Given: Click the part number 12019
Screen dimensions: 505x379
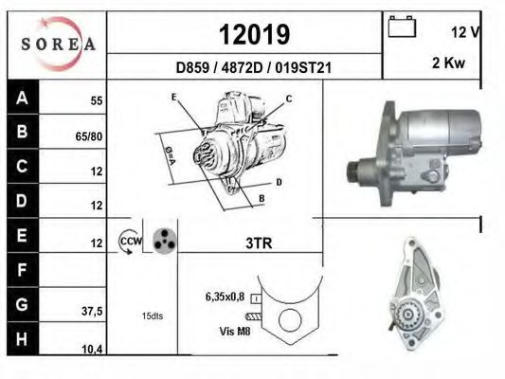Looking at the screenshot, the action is tap(255, 34).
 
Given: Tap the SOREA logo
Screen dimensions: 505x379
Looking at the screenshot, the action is tap(59, 44).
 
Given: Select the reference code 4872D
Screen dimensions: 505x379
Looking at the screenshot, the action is tap(243, 68).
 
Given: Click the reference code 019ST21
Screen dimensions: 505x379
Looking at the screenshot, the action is tap(303, 68).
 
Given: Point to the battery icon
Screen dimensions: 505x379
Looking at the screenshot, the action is tap(402, 27).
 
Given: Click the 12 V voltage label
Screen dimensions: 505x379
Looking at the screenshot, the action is tap(466, 32).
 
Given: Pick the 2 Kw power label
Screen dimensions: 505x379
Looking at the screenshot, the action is tap(449, 63).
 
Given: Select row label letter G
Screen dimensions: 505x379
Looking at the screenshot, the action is tap(22, 304).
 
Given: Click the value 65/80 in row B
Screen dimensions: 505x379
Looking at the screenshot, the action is tap(89, 136).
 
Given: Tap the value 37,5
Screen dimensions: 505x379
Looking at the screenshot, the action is tap(92, 312).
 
